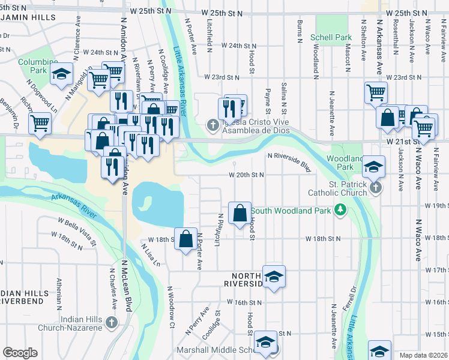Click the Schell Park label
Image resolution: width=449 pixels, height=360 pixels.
331,37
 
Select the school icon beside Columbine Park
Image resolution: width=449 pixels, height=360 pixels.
61,74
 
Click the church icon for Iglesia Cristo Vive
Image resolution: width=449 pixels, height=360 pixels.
211,125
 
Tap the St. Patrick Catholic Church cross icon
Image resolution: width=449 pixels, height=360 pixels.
376,188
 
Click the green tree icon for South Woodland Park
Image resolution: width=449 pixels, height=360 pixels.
340,209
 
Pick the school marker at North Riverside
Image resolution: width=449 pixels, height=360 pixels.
274,277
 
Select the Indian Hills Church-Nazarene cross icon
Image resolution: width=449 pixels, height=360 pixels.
110,323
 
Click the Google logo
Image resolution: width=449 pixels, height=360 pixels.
20,353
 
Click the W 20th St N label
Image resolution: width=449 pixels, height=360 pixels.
246,175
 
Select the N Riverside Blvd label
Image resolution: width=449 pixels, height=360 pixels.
289,161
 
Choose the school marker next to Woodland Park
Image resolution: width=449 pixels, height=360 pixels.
373,166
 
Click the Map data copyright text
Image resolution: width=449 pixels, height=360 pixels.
424,355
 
